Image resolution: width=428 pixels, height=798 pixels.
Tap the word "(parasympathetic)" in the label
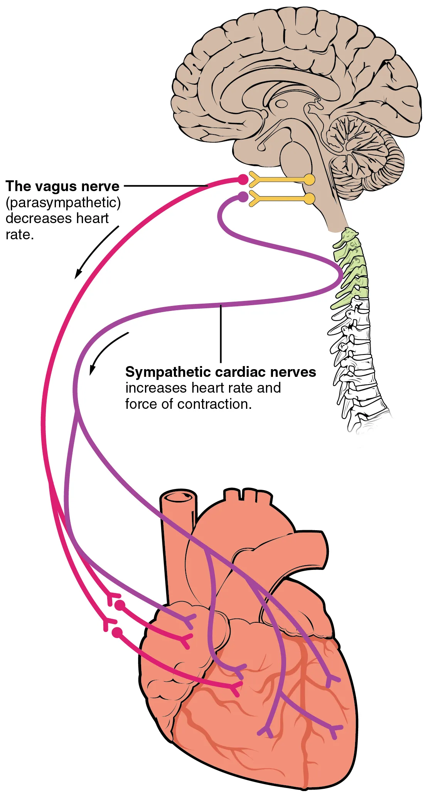click(63, 203)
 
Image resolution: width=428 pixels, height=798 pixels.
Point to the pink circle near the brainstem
click(243, 179)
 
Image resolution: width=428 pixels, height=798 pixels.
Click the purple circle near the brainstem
click(243, 197)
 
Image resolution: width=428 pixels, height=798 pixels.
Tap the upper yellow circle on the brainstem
click(309, 179)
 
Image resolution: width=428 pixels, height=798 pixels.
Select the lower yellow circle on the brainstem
click(309, 198)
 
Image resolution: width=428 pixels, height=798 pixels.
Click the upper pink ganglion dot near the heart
click(120, 605)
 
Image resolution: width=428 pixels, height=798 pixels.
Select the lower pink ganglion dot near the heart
click(117, 633)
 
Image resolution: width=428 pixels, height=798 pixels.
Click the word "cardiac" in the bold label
click(241, 372)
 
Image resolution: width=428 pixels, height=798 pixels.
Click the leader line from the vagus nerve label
click(166, 186)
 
